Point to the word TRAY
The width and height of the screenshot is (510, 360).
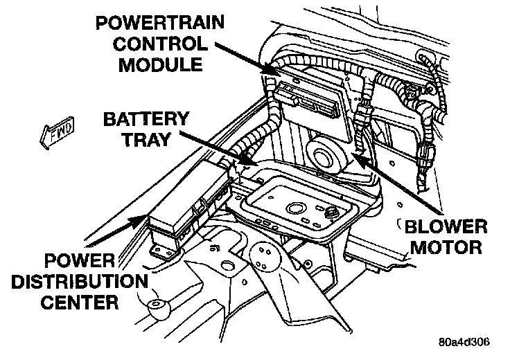pyautogui.click(x=145, y=140)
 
